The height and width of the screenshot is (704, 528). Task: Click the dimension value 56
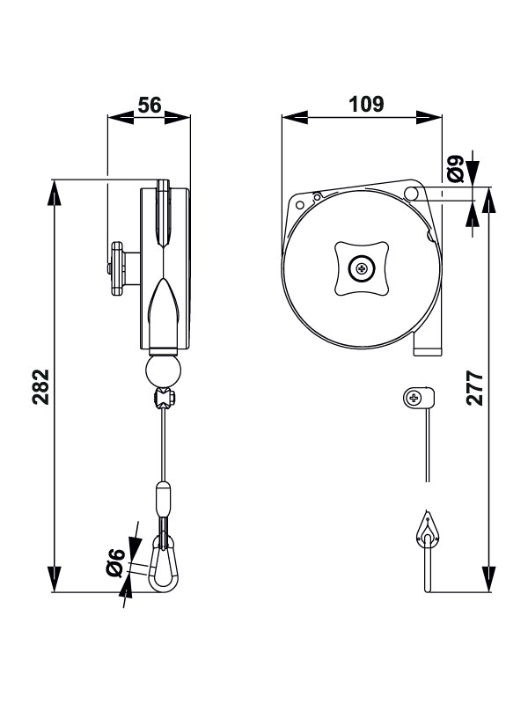point(150,105)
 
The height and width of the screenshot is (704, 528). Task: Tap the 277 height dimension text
point(474,386)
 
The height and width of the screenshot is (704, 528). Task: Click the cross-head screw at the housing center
point(362,268)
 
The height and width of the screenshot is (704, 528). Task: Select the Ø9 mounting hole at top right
point(411,194)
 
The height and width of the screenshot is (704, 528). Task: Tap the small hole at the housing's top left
point(300,204)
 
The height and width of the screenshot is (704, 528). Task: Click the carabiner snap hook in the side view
point(162,563)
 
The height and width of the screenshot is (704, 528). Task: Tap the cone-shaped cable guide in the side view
point(164,308)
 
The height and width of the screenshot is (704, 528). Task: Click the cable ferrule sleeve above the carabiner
point(163,499)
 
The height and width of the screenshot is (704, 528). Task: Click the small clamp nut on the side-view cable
point(164,400)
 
